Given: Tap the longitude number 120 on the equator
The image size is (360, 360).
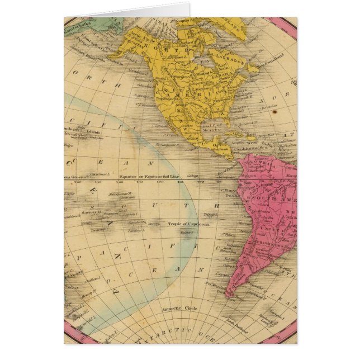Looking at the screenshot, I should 119,182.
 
